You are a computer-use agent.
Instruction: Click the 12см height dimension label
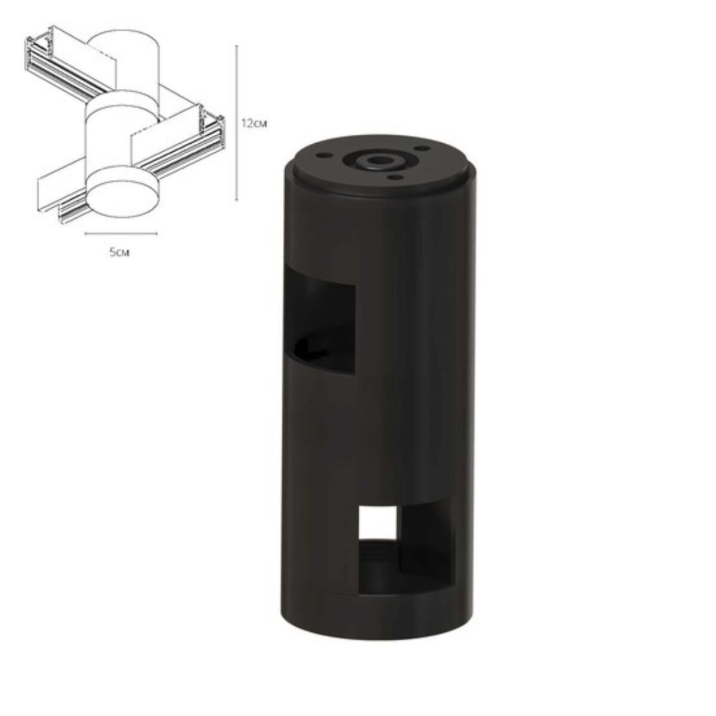(253, 124)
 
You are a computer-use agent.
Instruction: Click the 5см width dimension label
(120, 252)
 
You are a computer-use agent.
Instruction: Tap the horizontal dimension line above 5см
(121, 233)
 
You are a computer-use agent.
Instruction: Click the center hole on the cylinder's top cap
(376, 161)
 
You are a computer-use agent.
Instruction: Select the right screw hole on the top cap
(424, 147)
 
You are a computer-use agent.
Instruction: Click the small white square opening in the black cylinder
(378, 521)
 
